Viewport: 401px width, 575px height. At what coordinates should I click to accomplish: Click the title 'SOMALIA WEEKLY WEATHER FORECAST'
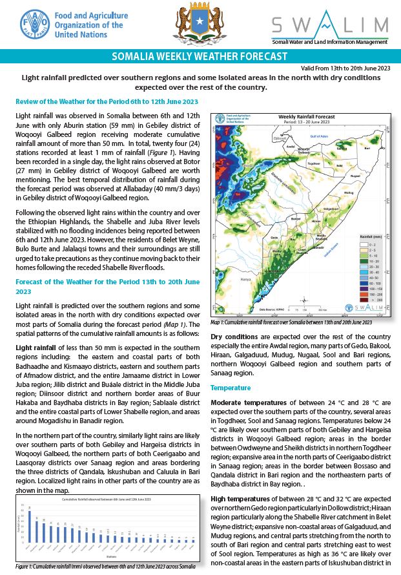click(x=200, y=57)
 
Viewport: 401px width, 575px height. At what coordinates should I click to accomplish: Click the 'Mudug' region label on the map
click(x=349, y=193)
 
